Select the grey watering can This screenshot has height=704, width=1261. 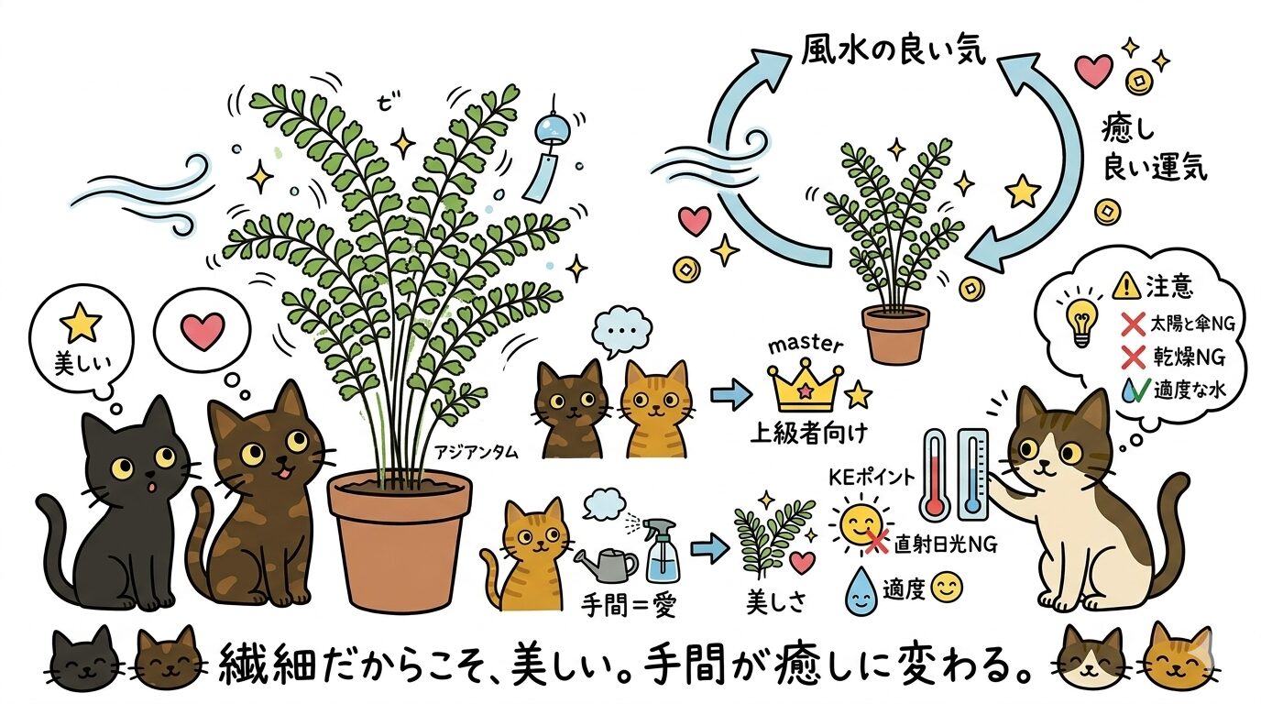(x=601, y=561)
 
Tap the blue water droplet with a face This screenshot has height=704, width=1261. (x=861, y=589)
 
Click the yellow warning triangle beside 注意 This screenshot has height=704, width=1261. (x=1124, y=287)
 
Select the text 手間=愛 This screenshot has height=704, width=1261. (x=625, y=606)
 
